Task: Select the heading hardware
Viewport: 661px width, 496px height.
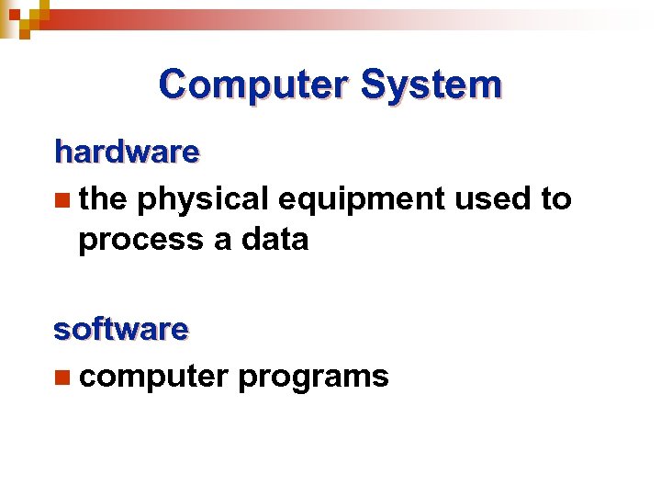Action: (x=127, y=152)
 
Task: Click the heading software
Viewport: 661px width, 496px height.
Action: (x=121, y=328)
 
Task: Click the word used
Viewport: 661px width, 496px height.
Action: (x=491, y=198)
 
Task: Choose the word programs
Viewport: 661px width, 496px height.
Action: (x=313, y=377)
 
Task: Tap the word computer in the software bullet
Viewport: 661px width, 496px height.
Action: (x=153, y=377)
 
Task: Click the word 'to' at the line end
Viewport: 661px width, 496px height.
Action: (x=556, y=198)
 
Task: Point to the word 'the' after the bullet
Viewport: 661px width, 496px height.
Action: (x=103, y=198)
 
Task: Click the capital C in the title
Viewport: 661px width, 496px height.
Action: (x=172, y=85)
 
